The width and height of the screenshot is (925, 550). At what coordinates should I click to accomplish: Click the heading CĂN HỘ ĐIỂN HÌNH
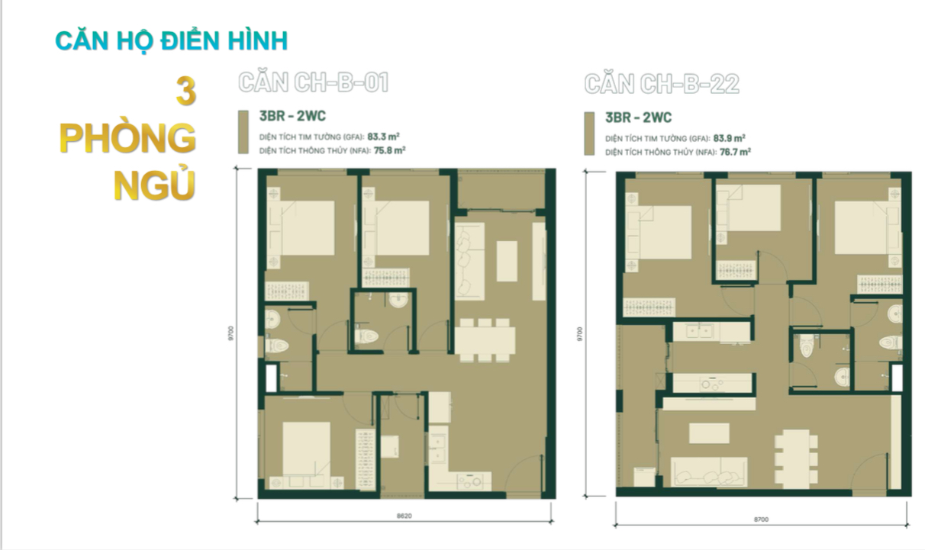pyautogui.click(x=172, y=41)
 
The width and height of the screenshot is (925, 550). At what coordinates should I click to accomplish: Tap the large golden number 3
pyautogui.click(x=185, y=92)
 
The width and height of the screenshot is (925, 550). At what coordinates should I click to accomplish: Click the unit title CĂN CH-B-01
pyautogui.click(x=314, y=82)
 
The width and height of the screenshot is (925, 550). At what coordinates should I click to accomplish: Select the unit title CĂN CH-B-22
pyautogui.click(x=662, y=84)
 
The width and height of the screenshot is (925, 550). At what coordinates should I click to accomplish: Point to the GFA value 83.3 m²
pyautogui.click(x=383, y=137)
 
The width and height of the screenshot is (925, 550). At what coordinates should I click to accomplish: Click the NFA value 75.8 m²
pyautogui.click(x=389, y=150)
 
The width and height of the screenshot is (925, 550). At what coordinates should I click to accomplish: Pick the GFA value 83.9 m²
pyautogui.click(x=730, y=138)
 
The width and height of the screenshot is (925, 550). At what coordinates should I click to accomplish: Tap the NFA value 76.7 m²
pyautogui.click(x=735, y=152)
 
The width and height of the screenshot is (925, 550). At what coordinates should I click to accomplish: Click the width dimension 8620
pyautogui.click(x=404, y=516)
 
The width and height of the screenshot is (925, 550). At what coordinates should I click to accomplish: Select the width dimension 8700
pyautogui.click(x=761, y=519)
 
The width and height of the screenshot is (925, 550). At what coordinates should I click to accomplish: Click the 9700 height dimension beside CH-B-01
pyautogui.click(x=230, y=333)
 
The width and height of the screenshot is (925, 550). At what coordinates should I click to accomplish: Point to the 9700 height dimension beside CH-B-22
pyautogui.click(x=580, y=334)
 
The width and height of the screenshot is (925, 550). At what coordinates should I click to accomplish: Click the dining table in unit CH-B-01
pyautogui.click(x=485, y=340)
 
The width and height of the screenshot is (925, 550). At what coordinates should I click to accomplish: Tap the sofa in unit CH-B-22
pyautogui.click(x=709, y=471)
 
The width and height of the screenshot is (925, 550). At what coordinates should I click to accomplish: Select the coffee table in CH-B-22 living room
pyautogui.click(x=709, y=433)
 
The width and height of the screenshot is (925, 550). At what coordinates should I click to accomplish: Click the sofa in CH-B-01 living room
pyautogui.click(x=470, y=261)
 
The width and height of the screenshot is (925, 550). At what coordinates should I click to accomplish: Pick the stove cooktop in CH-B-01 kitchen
pyautogui.click(x=474, y=481)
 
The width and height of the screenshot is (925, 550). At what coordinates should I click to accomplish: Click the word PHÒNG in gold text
pyautogui.click(x=127, y=138)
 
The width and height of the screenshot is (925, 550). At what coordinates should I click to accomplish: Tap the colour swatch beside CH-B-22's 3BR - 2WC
pyautogui.click(x=589, y=133)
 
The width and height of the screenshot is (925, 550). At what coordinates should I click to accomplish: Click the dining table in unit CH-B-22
pyautogui.click(x=796, y=458)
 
